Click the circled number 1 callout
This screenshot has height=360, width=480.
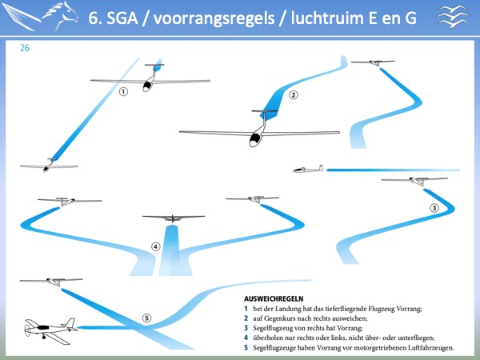[x=123, y=91]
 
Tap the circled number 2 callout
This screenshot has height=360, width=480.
[x=294, y=95]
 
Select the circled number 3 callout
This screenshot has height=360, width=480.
[x=434, y=208]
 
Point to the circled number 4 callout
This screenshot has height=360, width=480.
[x=155, y=246]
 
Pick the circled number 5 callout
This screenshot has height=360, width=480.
[x=147, y=318]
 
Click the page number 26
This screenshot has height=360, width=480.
[x=25, y=48]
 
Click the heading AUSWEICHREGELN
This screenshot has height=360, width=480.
[x=274, y=298]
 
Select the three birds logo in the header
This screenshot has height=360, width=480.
[x=454, y=17]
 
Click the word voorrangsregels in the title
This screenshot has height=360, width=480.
[x=214, y=18]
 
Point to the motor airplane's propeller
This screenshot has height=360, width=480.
[x=27, y=330]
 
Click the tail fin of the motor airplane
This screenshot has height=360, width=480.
[x=69, y=322]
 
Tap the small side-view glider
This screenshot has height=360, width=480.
[x=308, y=170]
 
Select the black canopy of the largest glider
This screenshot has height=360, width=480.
[x=254, y=139]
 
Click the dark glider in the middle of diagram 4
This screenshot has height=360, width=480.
[x=174, y=218]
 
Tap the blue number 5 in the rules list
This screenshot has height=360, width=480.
[x=246, y=348]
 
